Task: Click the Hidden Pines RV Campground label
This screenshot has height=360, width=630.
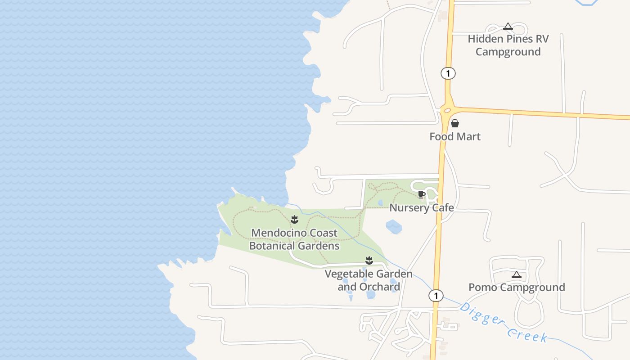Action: point(508,45)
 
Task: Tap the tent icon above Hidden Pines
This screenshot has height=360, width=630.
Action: point(508,27)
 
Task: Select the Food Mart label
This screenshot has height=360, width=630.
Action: point(455,137)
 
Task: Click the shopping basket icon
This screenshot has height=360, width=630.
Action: point(455,123)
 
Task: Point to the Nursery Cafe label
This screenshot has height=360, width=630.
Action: point(421,208)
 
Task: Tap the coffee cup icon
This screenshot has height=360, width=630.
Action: point(421,194)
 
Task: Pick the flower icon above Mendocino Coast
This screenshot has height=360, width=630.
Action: point(294,220)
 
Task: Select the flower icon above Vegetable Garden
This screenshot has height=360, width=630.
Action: point(369,260)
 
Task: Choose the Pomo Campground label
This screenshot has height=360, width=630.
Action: point(517,288)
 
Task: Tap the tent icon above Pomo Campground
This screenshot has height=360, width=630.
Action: point(517,274)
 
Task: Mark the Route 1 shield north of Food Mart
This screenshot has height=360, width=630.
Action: point(448,73)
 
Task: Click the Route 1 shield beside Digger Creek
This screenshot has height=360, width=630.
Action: point(436,296)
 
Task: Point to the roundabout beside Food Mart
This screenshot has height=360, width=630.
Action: point(447,109)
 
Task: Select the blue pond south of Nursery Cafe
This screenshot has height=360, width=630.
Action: point(394,226)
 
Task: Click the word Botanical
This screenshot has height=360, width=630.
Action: point(294,246)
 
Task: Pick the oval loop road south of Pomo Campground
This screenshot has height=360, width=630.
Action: point(529,313)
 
